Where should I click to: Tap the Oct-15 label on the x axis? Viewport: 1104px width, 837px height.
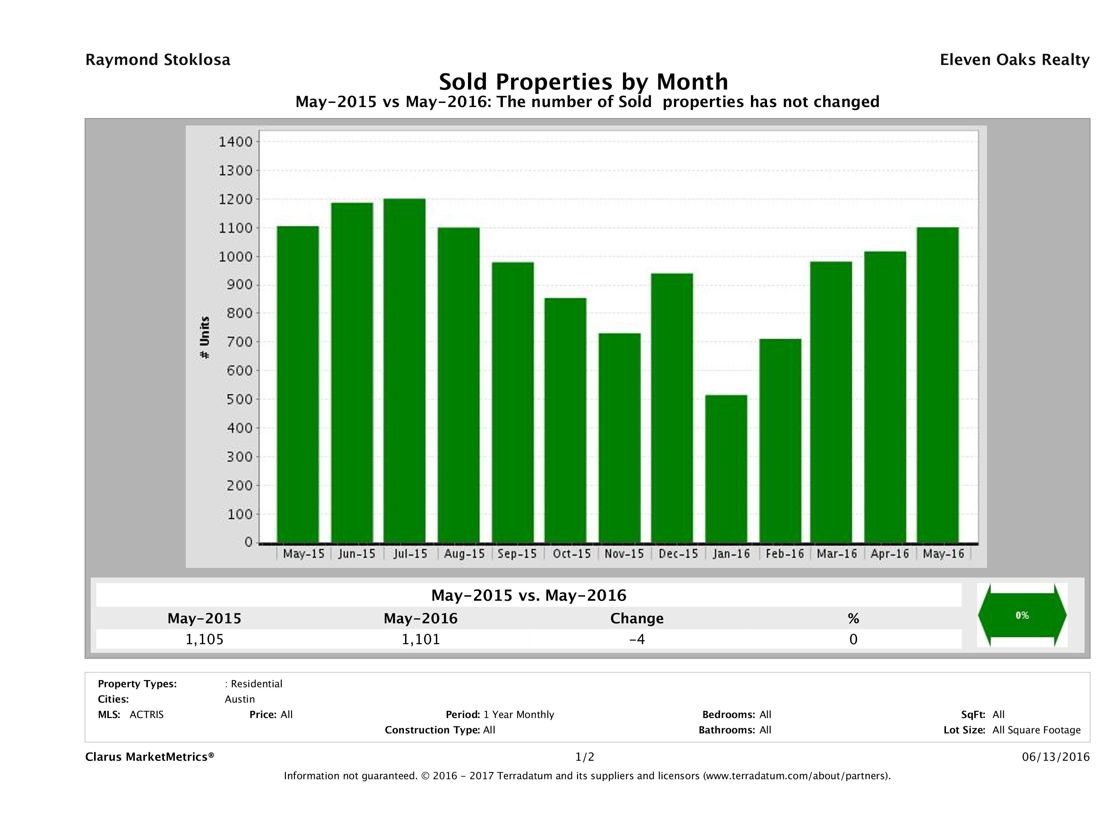(x=571, y=554)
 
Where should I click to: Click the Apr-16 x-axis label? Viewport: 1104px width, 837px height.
(x=889, y=554)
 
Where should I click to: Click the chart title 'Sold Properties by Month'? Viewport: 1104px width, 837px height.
(x=583, y=81)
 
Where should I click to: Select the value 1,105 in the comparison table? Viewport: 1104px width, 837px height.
(x=204, y=639)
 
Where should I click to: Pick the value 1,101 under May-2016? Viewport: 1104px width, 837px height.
(x=421, y=639)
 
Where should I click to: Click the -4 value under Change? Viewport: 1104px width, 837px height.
(x=637, y=639)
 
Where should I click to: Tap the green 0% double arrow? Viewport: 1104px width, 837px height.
(x=1022, y=615)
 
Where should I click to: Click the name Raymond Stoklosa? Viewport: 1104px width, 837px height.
(x=158, y=60)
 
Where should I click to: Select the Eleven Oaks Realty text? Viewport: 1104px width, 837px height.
(x=1014, y=60)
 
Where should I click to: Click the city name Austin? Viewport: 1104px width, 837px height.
(x=239, y=699)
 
